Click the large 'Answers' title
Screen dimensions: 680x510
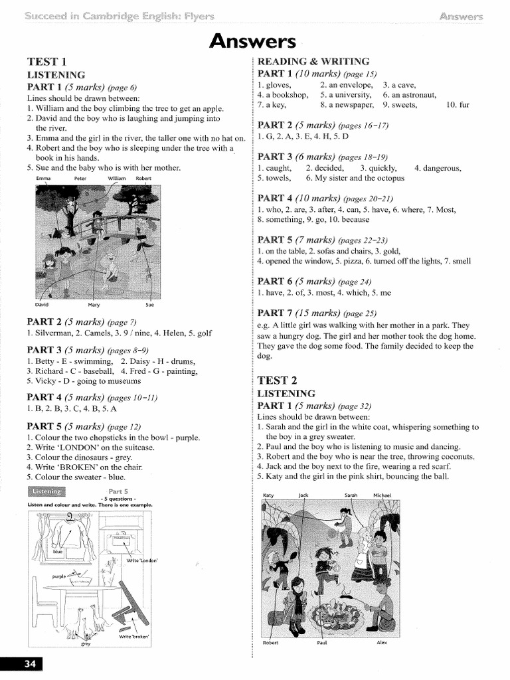(253, 41)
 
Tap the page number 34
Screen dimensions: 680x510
(21, 665)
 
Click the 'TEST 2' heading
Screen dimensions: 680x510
(277, 381)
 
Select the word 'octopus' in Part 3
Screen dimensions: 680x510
(386, 179)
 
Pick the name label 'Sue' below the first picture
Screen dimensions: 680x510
(149, 305)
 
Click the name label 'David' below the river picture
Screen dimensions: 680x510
(42, 305)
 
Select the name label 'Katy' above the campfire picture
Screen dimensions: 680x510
(268, 495)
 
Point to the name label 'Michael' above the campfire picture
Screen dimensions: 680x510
(383, 495)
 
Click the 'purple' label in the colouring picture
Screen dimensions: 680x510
(60, 576)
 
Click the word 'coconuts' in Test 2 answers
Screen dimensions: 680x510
(456, 457)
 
